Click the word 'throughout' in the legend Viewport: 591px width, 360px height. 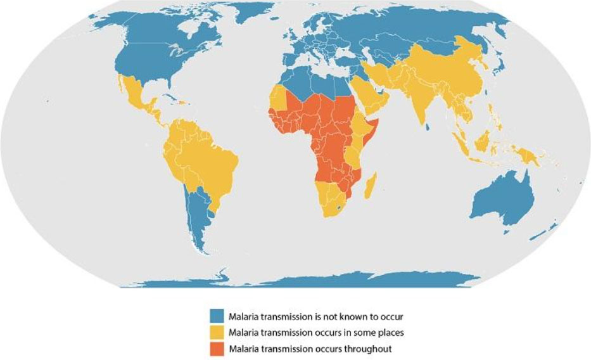pyautogui.click(x=371, y=348)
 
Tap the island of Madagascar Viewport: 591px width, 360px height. pyautogui.click(x=372, y=183)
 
